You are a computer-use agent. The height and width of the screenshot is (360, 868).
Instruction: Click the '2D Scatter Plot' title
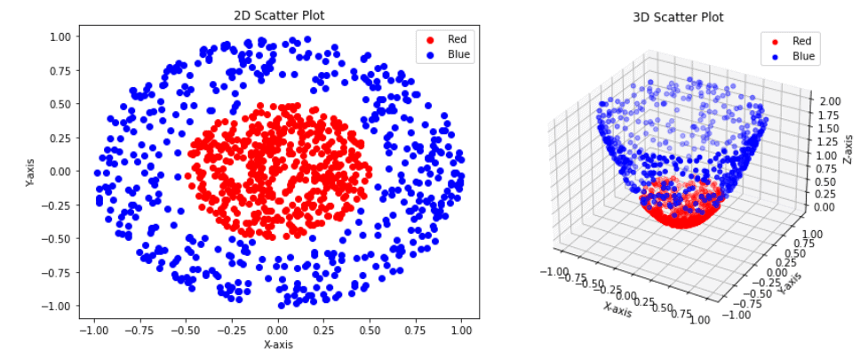click(278, 15)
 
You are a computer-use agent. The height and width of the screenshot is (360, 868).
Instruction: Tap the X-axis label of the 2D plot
click(278, 344)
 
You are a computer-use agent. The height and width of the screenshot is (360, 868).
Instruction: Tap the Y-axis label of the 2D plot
click(30, 172)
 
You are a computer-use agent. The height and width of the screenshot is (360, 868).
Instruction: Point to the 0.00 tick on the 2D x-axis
click(278, 330)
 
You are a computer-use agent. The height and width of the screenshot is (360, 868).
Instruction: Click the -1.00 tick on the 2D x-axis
click(92, 330)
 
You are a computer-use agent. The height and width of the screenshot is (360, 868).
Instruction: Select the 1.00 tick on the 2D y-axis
click(59, 36)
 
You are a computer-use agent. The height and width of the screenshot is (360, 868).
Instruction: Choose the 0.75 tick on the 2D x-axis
click(416, 330)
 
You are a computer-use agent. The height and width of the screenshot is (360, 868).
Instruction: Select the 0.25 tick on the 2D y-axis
click(59, 138)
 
